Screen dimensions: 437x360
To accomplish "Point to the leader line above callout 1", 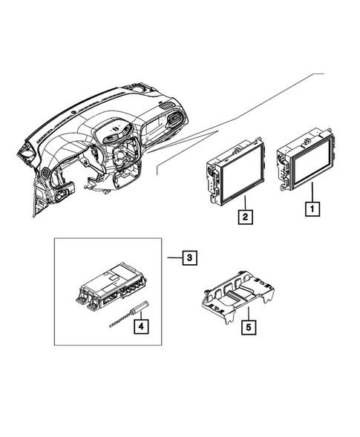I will [x=312, y=191].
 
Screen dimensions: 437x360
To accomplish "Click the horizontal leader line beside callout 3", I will [x=173, y=257].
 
